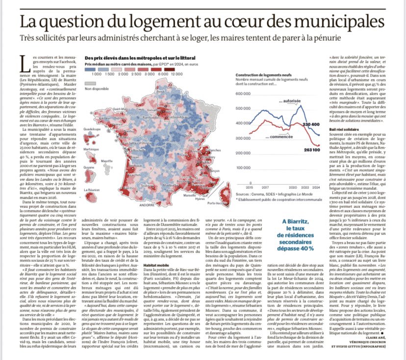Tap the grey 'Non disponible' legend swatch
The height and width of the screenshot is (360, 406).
pyautogui.click(x=92, y=83)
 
